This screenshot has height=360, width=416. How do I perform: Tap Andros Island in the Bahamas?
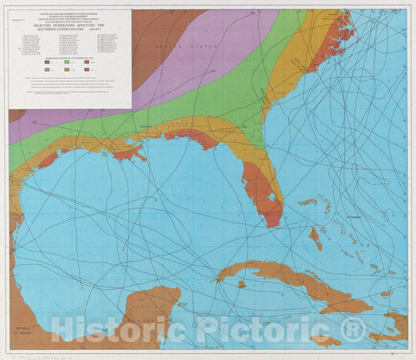click(x=315, y=234)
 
